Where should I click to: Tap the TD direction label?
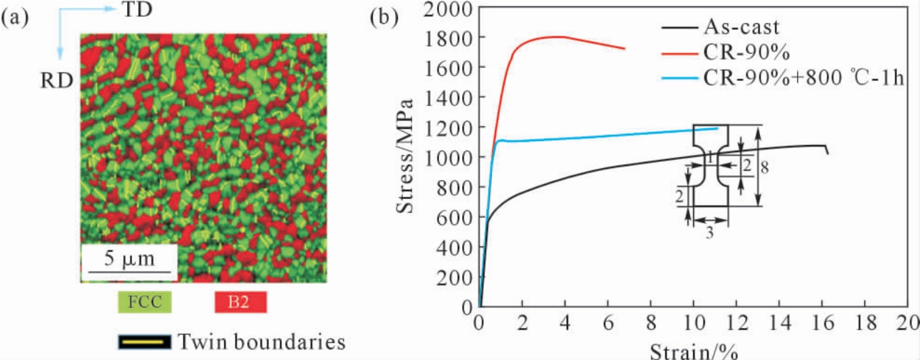tap(138, 10)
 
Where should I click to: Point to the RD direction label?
tap(57, 81)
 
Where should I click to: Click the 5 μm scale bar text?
tap(129, 259)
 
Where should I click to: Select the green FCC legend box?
tap(144, 302)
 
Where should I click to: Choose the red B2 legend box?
tap(241, 302)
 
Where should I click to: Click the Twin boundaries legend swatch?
tap(144, 342)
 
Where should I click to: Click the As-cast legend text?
tap(741, 27)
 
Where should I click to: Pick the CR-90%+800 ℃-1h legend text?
tap(803, 77)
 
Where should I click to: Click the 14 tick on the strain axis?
tap(780, 323)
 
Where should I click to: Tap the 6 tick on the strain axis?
tap(608, 323)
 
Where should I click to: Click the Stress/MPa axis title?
tap(406, 156)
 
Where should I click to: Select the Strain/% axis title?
tap(694, 352)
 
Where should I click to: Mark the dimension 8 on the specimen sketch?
tap(764, 167)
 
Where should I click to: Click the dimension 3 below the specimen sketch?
tap(709, 233)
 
